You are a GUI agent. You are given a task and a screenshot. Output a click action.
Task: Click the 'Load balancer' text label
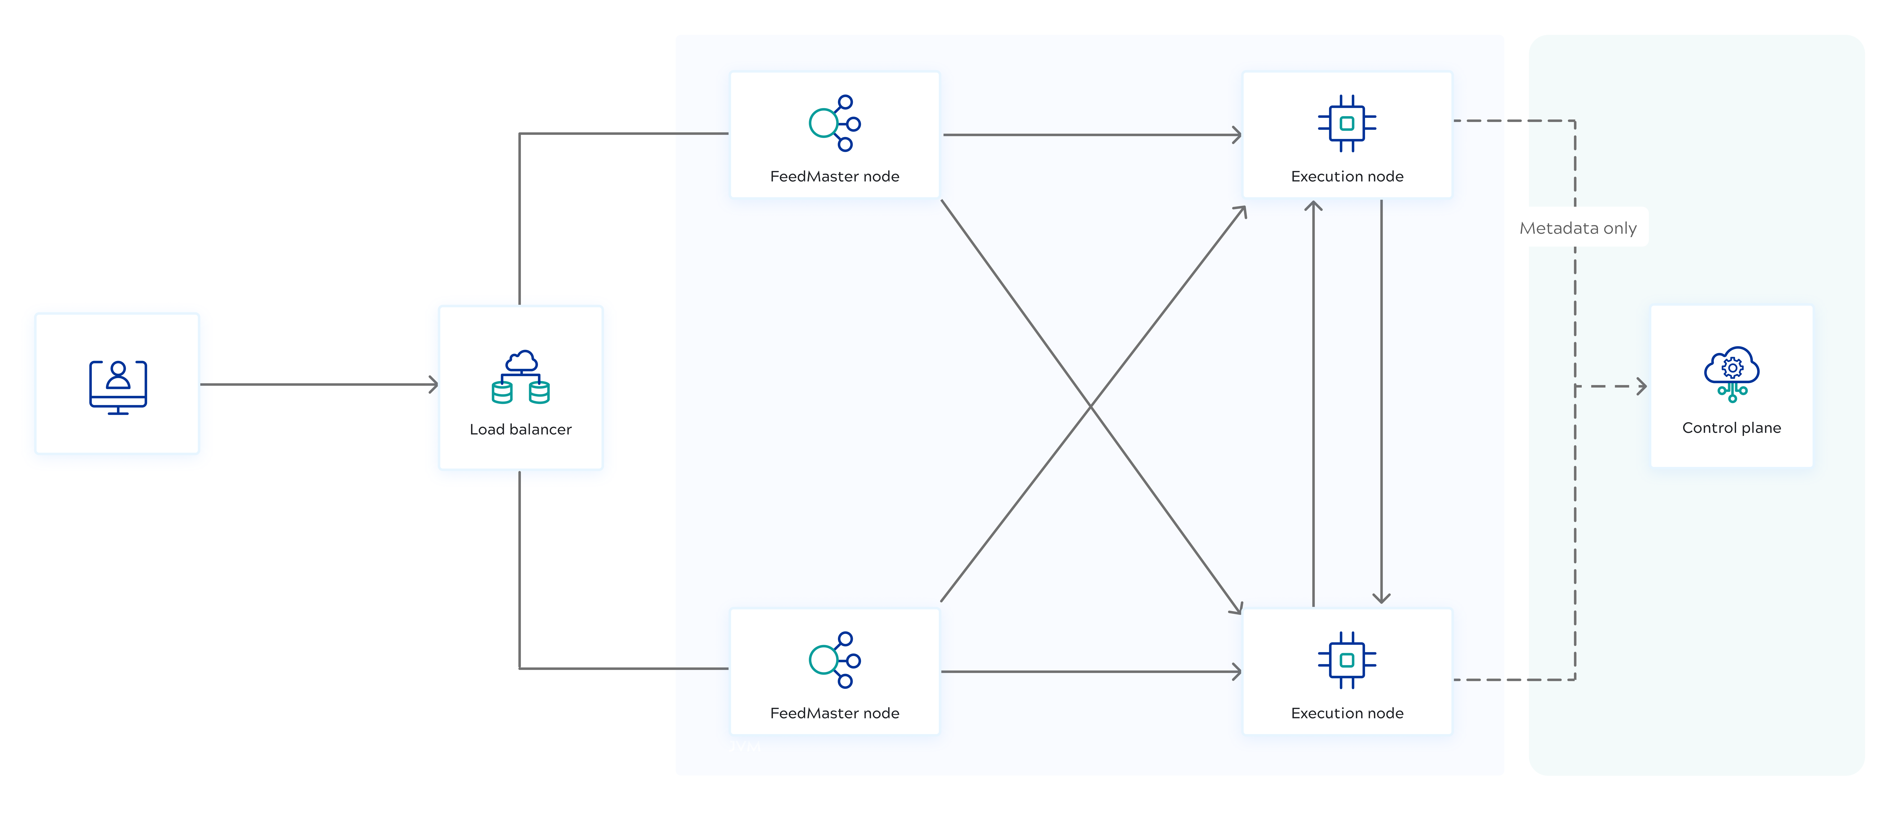(x=520, y=429)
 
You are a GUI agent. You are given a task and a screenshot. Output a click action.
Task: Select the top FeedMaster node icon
(x=834, y=123)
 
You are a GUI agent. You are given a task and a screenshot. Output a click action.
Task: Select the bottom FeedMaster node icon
(x=834, y=660)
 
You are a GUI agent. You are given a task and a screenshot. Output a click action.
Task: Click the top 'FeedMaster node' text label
(x=834, y=176)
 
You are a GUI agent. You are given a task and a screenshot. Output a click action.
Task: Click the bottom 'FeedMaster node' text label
(x=834, y=713)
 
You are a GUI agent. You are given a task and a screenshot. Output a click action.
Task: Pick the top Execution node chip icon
(x=1347, y=123)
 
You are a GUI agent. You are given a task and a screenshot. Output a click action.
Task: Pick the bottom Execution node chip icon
(x=1347, y=660)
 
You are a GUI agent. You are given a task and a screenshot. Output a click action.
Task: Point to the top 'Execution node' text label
(x=1347, y=176)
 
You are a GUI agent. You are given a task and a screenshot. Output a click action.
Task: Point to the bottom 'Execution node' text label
(x=1347, y=713)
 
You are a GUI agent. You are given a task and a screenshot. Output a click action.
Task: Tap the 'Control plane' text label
(x=1732, y=428)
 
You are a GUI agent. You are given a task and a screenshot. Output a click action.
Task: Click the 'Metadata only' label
(x=1578, y=228)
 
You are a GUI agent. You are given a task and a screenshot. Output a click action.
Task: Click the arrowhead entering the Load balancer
(x=433, y=384)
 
